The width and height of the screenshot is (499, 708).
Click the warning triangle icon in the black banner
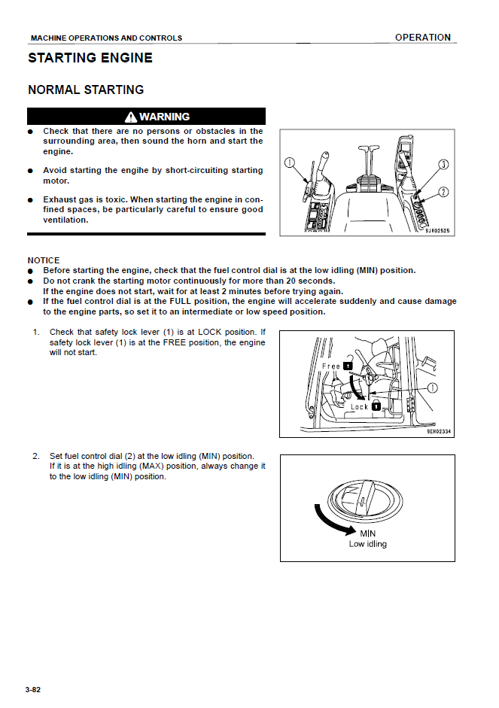(131, 117)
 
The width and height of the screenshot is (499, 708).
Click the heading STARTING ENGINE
(90, 58)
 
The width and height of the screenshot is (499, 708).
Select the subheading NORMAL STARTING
(86, 90)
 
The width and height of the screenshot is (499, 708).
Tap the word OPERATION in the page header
(423, 38)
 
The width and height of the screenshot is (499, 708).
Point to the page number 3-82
(32, 689)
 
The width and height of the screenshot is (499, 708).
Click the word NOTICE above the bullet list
(44, 260)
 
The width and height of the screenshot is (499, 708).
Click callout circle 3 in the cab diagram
(443, 164)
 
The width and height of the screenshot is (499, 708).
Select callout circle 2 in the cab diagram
(443, 191)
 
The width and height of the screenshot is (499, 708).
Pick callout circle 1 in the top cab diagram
(290, 163)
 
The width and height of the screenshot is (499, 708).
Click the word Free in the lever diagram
(331, 366)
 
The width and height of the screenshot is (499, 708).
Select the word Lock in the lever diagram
(360, 407)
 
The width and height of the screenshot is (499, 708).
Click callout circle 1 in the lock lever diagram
(433, 388)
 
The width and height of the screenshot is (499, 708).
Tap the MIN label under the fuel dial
(367, 533)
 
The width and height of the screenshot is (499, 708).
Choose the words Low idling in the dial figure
(367, 544)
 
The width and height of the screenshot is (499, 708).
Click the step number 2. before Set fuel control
(35, 456)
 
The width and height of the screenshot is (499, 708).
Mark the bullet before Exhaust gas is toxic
(32, 200)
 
